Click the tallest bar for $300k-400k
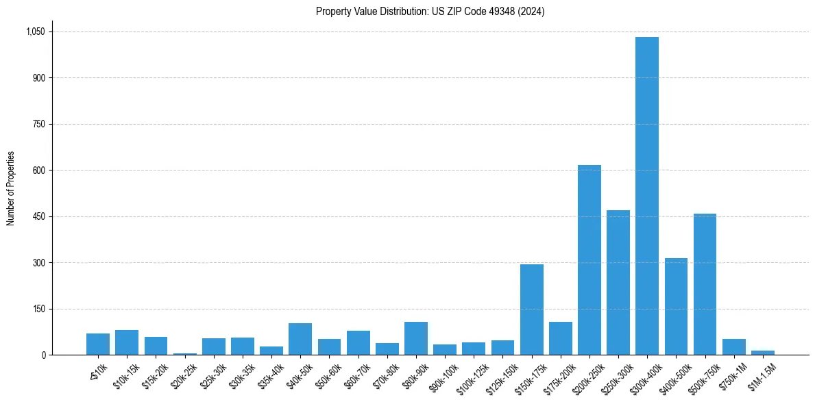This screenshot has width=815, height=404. tap(646, 196)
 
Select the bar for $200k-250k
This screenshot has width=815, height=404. tap(589, 260)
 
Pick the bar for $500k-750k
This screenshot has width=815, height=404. tap(705, 284)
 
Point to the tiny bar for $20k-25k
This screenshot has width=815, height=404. tap(184, 353)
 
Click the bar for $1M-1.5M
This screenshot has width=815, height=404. tap(762, 353)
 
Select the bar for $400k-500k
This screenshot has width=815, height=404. tap(676, 306)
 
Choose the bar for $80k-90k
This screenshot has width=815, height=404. tap(415, 338)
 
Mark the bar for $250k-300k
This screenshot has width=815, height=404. tap(618, 282)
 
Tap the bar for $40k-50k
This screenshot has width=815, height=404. tap(300, 339)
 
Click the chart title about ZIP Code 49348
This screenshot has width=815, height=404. tap(430, 11)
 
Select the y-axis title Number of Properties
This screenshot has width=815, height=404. tap(10, 188)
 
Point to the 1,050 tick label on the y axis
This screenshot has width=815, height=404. tap(35, 31)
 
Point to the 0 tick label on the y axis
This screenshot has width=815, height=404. tap(42, 355)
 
